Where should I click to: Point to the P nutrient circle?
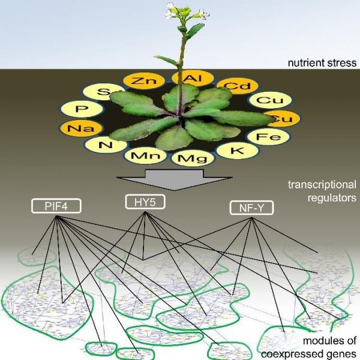coord(83,110)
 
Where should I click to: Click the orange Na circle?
coord(76,128)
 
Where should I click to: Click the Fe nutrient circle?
coord(269,137)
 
